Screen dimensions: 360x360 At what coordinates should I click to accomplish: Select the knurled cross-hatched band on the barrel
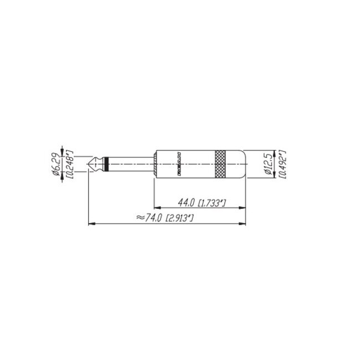coord(221,164)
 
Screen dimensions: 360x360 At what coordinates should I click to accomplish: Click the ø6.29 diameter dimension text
coord(56,164)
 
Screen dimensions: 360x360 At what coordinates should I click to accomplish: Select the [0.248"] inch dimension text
coord(69,164)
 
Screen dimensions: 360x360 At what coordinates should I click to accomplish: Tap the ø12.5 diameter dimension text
coord(268,164)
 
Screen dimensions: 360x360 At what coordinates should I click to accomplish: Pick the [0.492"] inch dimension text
coord(281,164)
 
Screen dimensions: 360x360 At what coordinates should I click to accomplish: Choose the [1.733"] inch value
coord(212,203)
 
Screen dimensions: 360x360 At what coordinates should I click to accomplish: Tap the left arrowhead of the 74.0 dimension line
coord(91,224)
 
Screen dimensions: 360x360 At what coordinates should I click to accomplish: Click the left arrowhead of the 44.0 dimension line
coord(155,208)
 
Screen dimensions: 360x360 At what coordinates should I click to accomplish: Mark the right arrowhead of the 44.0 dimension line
coord(244,208)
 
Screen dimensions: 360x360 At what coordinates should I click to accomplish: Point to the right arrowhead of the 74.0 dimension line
coord(244,224)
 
